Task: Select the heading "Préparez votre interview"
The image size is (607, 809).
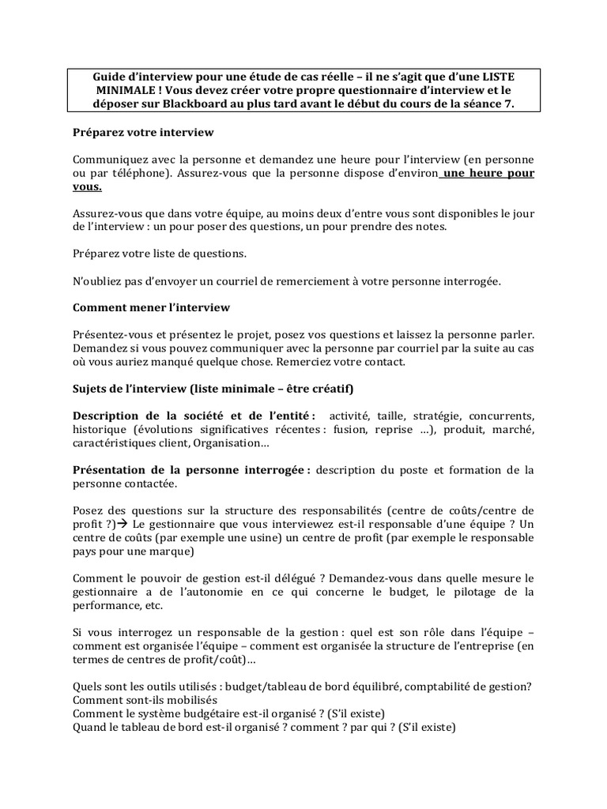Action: [x=143, y=132]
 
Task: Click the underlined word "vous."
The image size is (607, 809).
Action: [x=87, y=188]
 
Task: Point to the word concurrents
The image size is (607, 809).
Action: [x=501, y=416]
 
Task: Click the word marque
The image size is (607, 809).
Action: [x=171, y=551]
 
